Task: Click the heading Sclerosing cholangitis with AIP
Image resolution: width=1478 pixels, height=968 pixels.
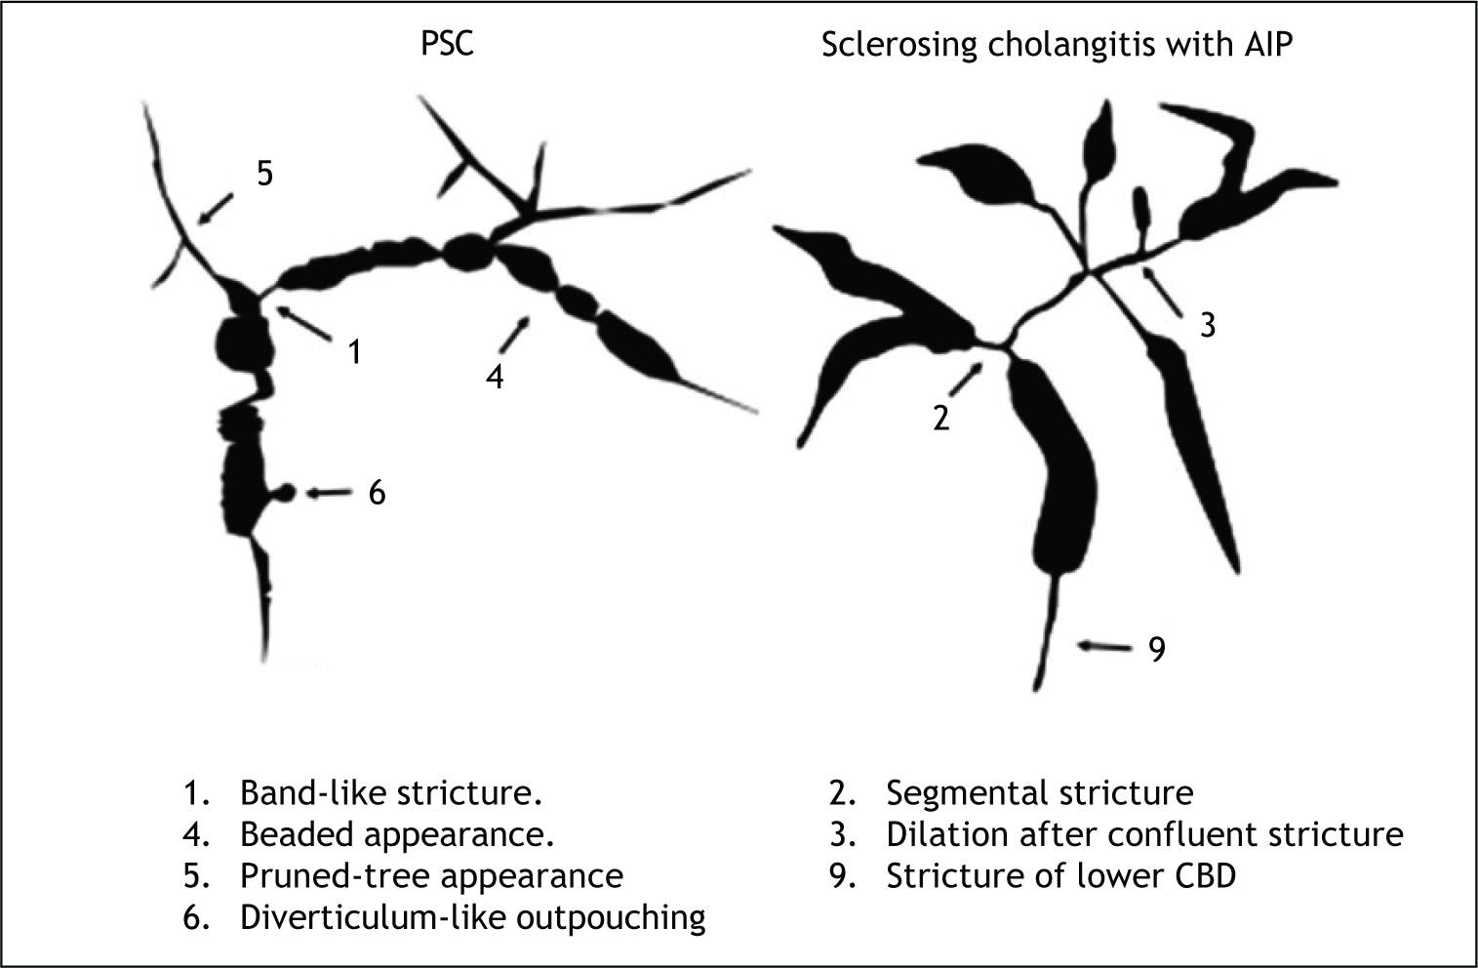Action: pos(1057,46)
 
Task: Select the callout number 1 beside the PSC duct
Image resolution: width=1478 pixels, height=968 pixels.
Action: pos(355,351)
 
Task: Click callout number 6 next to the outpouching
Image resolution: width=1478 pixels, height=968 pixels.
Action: pos(377,493)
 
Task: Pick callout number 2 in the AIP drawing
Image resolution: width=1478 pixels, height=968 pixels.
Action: pos(940,418)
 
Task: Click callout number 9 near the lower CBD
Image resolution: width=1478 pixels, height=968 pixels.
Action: pos(1157,649)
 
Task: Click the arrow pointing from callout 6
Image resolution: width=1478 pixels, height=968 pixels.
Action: pos(330,493)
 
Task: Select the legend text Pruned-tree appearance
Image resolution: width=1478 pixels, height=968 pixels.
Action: pos(431,875)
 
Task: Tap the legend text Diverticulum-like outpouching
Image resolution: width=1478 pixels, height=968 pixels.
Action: pos(473,917)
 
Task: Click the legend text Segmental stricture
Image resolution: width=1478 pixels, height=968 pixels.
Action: pos(1039,792)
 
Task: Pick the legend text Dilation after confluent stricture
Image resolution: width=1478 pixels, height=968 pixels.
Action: pos(1144,834)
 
